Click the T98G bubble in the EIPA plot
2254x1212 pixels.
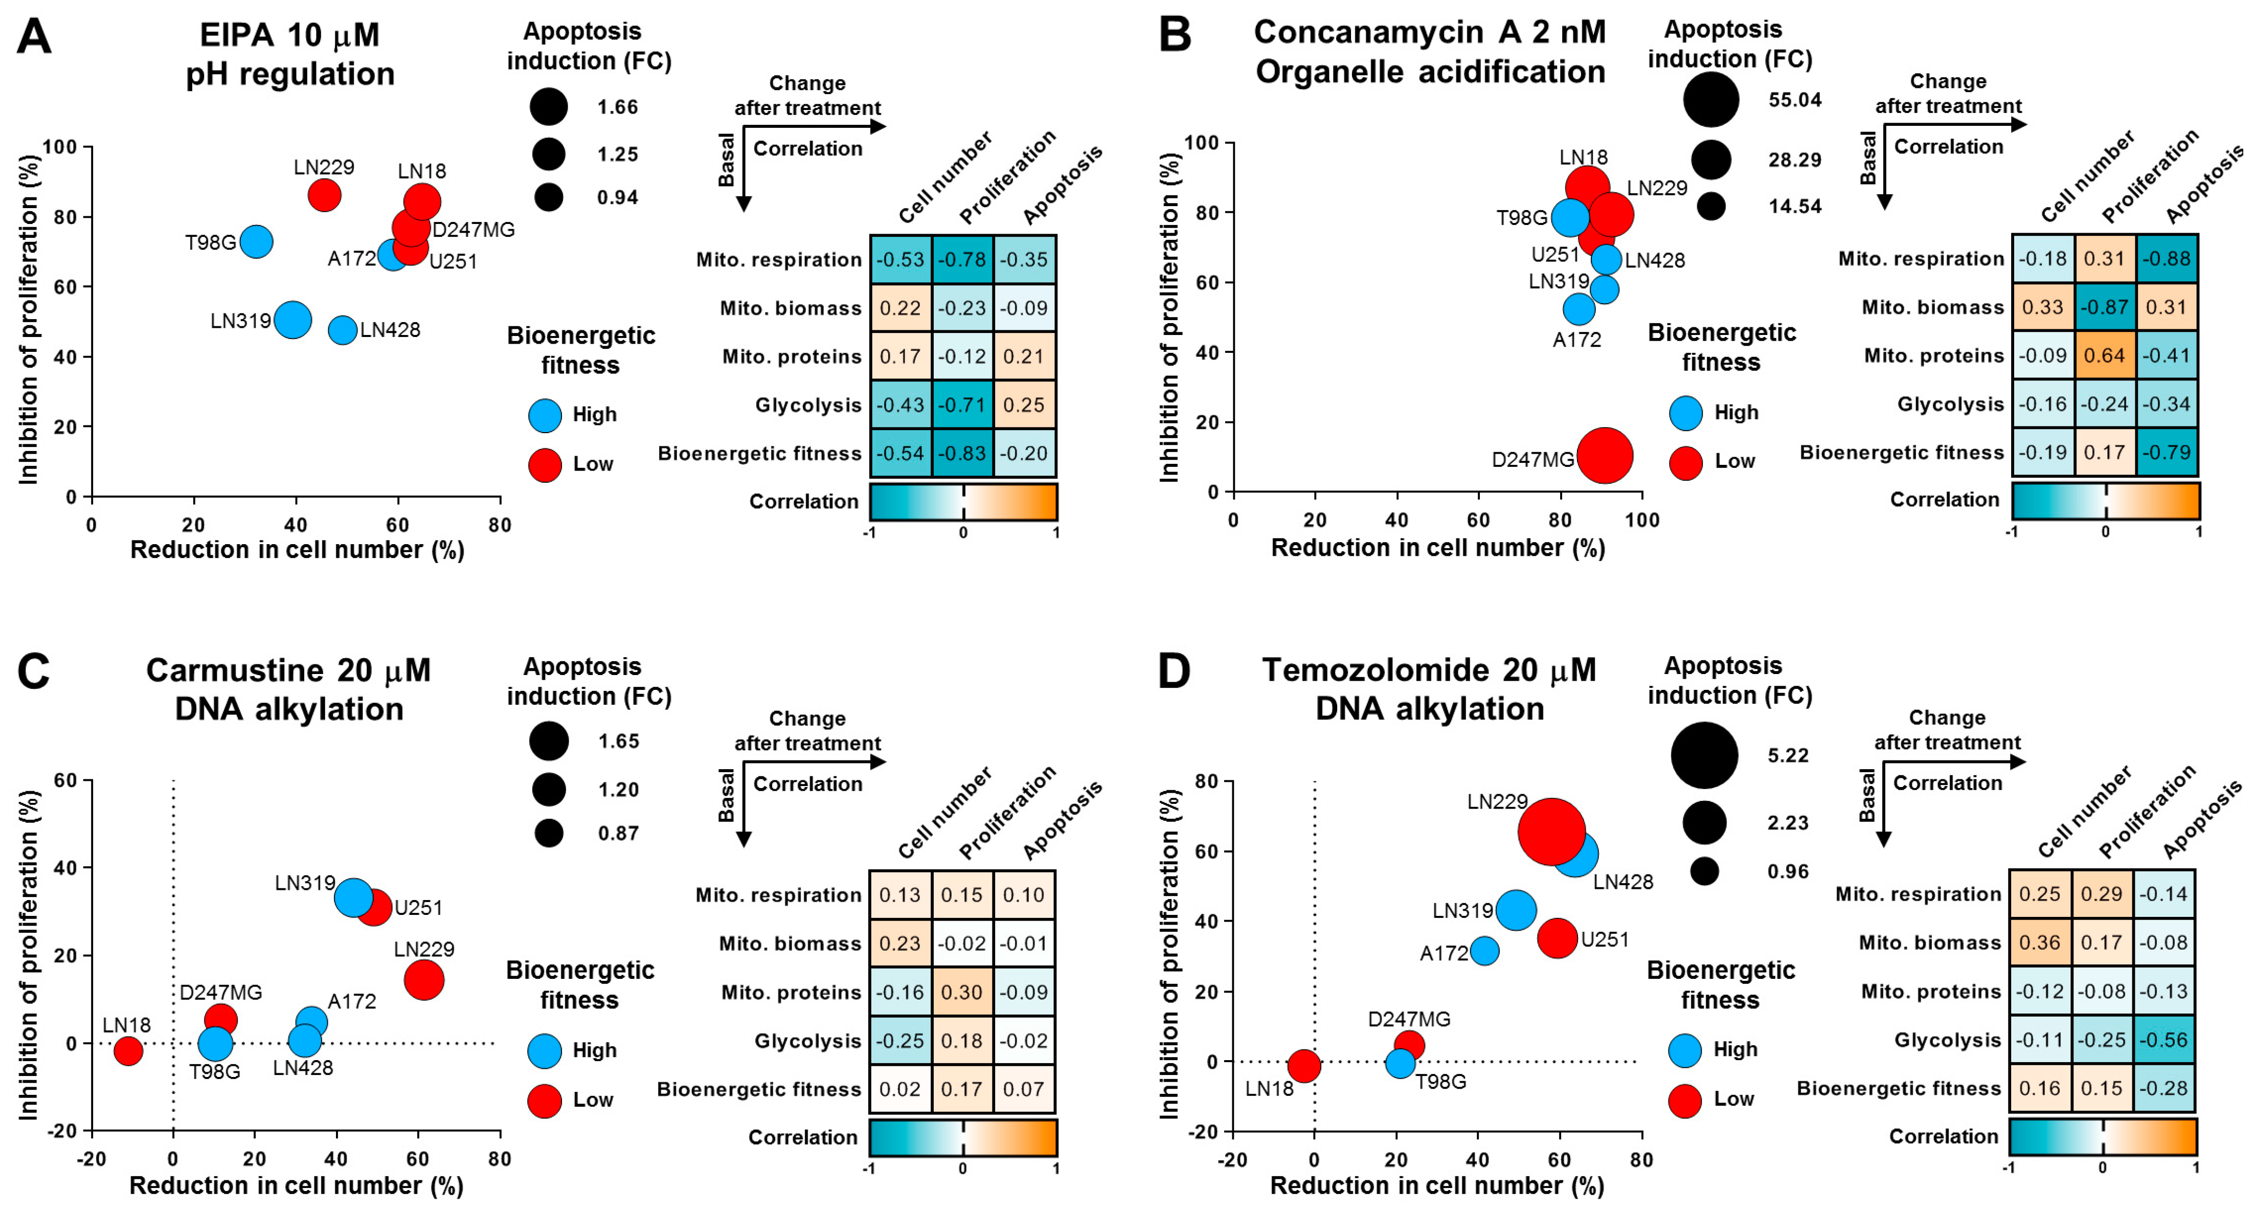click(x=256, y=241)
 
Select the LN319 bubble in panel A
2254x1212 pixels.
click(x=292, y=320)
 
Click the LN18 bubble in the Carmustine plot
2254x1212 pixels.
click(x=128, y=1050)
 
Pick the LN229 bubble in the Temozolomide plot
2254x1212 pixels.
click(x=1550, y=832)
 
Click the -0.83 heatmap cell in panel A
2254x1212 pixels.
click(x=962, y=453)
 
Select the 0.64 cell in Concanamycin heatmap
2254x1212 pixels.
click(x=2104, y=355)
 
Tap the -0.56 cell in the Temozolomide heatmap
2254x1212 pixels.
click(x=2165, y=1040)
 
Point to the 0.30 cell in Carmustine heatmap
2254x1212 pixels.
click(x=962, y=992)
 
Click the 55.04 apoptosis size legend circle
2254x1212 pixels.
click(x=1710, y=100)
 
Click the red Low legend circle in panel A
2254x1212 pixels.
click(x=544, y=465)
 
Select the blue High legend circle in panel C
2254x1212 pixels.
click(x=544, y=1050)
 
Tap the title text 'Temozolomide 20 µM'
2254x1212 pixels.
click(x=1428, y=670)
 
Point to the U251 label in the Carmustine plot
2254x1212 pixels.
click(x=418, y=908)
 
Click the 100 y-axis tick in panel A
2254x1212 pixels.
click(x=59, y=147)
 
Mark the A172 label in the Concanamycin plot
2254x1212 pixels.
click(x=1577, y=340)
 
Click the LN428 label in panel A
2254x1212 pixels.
click(x=390, y=330)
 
